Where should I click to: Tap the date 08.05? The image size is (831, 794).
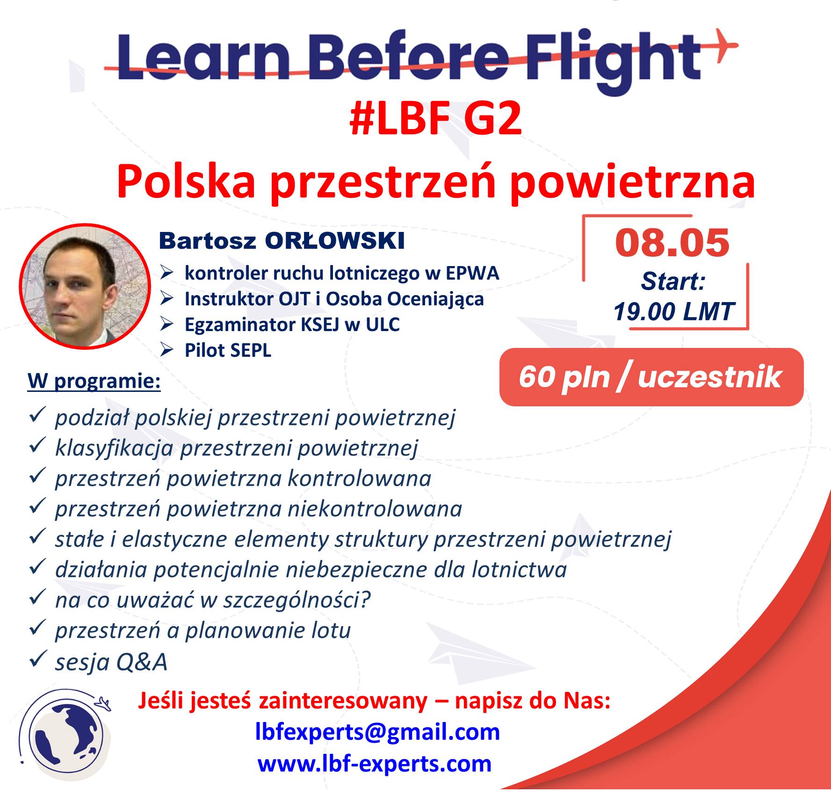pyautogui.click(x=672, y=243)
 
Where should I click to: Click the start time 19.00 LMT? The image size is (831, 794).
pyautogui.click(x=674, y=311)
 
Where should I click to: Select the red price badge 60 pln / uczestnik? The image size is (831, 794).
pyautogui.click(x=651, y=377)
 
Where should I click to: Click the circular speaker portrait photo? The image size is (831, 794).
pyautogui.click(x=85, y=286)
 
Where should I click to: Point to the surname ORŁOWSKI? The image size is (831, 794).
pyautogui.click(x=334, y=241)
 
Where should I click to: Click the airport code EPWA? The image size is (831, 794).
pyautogui.click(x=472, y=273)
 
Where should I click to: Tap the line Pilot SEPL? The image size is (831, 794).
pyautogui.click(x=228, y=350)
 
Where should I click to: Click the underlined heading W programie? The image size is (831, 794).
pyautogui.click(x=94, y=381)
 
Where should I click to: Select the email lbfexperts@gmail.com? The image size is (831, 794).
pyautogui.click(x=378, y=732)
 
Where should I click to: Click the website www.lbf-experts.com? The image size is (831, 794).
pyautogui.click(x=375, y=764)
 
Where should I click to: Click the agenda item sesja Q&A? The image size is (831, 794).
pyautogui.click(x=111, y=662)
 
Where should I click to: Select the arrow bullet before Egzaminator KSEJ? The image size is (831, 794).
pyautogui.click(x=167, y=324)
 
